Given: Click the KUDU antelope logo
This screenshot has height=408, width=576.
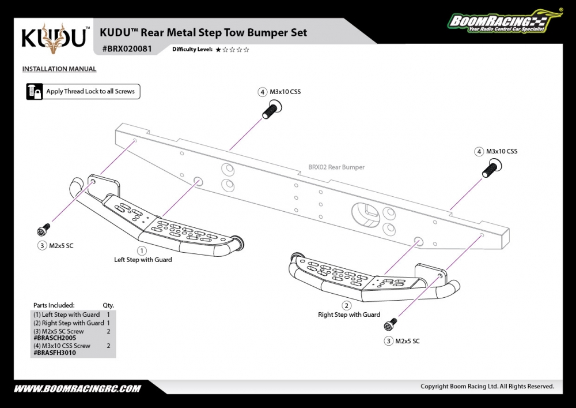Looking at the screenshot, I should point(56,38).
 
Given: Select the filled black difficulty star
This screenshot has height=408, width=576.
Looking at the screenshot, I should point(218,50).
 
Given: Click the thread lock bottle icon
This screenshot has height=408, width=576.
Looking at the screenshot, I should point(35,91).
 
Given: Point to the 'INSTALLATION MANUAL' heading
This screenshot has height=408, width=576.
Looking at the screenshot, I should point(59,69).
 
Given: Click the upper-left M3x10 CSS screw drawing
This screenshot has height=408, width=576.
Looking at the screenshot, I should point(270,108).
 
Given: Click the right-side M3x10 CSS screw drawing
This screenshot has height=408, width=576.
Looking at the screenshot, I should point(491,169).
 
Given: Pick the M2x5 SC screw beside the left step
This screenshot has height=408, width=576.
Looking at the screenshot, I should point(43,230).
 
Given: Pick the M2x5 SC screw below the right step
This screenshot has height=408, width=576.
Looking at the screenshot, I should point(393,324).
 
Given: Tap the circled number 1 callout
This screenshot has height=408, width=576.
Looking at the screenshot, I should point(142,251).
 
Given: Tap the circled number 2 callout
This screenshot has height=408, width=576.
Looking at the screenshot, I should point(347,306).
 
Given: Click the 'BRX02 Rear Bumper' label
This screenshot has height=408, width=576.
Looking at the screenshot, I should point(336,167).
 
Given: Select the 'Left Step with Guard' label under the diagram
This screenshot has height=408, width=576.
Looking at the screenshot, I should point(143,260).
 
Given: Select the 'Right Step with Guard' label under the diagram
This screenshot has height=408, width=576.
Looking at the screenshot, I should point(349,315).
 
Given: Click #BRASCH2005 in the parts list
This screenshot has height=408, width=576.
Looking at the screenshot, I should point(55,338).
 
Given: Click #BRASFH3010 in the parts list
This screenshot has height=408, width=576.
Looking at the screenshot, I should point(55,353).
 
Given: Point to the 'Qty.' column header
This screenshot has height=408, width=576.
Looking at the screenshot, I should point(108,305).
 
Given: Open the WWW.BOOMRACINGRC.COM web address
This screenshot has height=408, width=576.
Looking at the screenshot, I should point(77,388).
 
